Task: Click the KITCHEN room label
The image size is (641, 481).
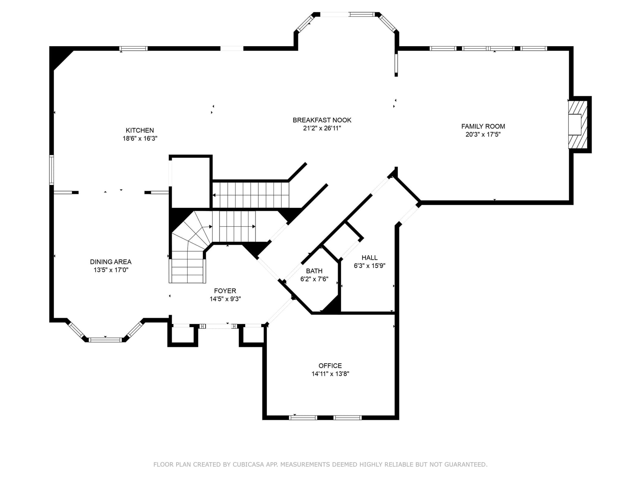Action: point(139,130)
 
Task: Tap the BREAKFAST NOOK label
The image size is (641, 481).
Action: point(322,120)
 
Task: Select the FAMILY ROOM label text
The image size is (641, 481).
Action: point(483,126)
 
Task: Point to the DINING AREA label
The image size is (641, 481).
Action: point(111,262)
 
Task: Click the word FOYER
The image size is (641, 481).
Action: point(225,290)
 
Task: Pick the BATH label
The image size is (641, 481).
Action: point(314,271)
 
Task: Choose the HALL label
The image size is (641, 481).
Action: point(370,257)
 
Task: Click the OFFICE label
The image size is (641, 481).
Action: point(330,365)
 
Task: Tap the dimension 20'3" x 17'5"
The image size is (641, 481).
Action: point(483,135)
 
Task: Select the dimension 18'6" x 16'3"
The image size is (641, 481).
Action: point(140,138)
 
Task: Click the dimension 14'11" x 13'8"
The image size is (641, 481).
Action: point(330,373)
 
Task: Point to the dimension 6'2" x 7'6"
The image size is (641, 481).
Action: point(314,279)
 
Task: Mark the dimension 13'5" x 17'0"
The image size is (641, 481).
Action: point(111,270)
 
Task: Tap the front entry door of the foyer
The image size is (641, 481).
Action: point(219,326)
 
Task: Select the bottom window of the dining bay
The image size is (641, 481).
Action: point(105,339)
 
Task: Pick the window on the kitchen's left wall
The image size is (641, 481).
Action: point(52,170)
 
